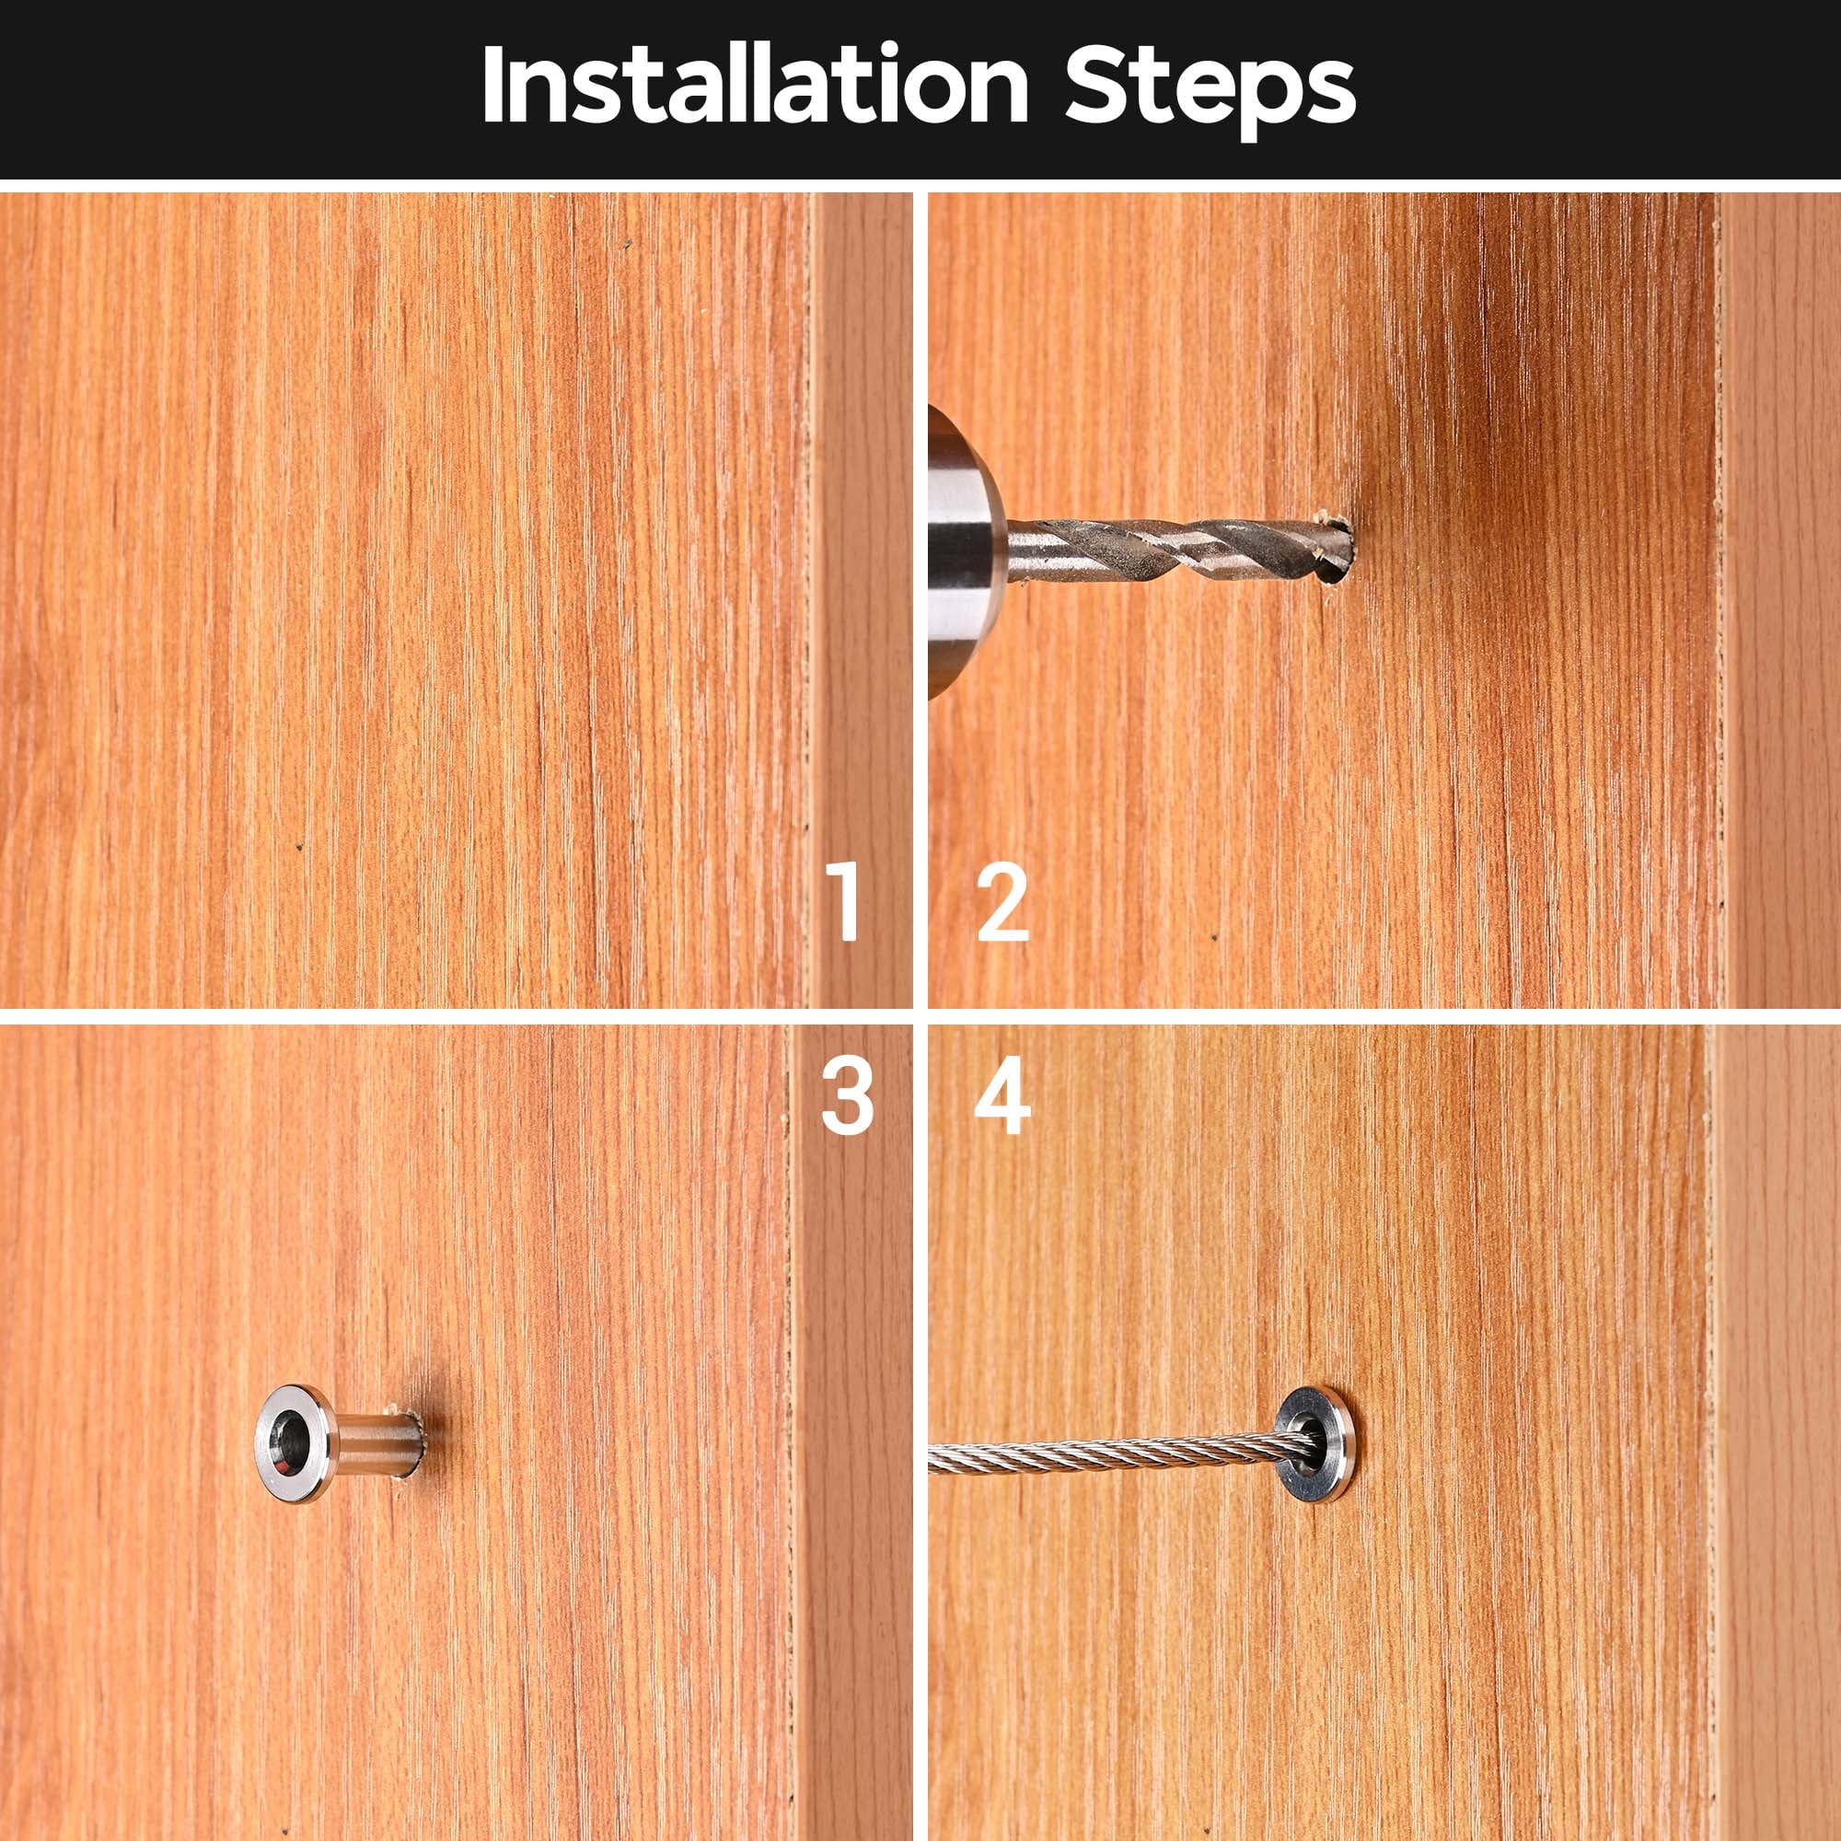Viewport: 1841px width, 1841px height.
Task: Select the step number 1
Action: pyautogui.click(x=845, y=900)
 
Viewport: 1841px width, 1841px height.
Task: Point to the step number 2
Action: pyautogui.click(x=1003, y=901)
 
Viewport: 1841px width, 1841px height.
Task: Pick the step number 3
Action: pyautogui.click(x=847, y=1101)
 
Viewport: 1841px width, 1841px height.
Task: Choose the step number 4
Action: pyautogui.click(x=1002, y=1101)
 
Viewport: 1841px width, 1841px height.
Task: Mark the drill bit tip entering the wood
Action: pyautogui.click(x=1338, y=549)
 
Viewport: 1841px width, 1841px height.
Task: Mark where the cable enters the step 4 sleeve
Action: pyautogui.click(x=1306, y=1442)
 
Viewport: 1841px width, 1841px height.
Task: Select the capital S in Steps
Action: pyautogui.click(x=1095, y=85)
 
